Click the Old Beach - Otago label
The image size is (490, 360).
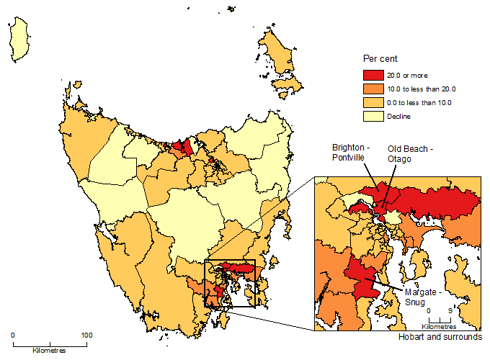(411, 153)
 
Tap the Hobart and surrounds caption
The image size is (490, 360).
(439, 337)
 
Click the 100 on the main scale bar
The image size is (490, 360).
(86, 336)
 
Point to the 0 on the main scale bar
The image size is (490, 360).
(13, 336)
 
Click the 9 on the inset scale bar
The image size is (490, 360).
(450, 311)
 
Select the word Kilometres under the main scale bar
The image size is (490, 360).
(49, 351)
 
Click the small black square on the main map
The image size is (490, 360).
(230, 283)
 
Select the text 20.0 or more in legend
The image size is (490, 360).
(399, 76)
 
